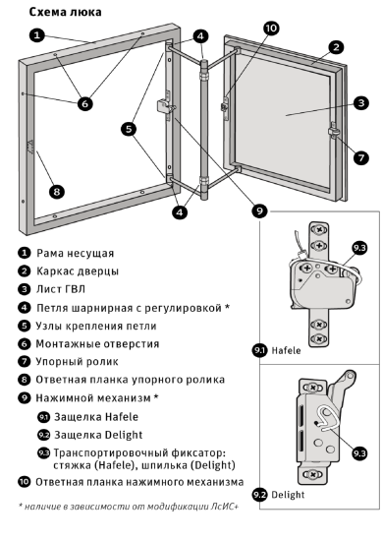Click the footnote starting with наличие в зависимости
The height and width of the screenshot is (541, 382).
[128, 506]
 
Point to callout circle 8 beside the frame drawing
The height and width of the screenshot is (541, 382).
[58, 190]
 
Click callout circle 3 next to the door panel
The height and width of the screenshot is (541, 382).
[361, 102]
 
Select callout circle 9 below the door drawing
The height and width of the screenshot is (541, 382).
[259, 210]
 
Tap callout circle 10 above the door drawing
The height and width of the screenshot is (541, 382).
[270, 28]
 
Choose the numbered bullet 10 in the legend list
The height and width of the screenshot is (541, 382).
[24, 482]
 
